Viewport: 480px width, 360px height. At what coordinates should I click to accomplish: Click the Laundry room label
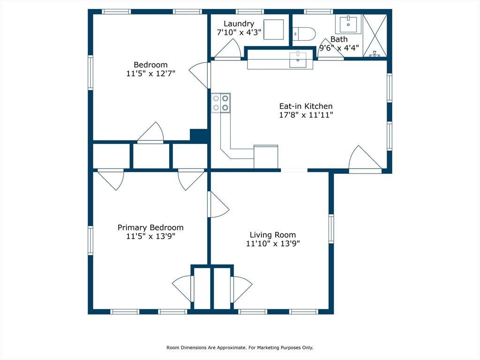coord(239,24)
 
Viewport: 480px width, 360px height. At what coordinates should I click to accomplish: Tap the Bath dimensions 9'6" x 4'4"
coord(339,48)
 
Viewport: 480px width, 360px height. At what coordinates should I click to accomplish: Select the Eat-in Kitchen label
coord(306,106)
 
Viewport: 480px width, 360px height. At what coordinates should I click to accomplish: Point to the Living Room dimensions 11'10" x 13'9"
coord(273,244)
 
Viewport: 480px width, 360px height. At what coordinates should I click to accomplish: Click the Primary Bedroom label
coord(150,228)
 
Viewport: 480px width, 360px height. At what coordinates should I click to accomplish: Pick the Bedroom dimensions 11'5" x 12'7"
coord(150,74)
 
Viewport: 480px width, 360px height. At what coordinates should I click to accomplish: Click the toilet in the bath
coord(304,34)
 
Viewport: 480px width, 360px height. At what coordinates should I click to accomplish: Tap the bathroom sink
coord(348,24)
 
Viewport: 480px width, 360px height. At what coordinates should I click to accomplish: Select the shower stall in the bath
coord(375,36)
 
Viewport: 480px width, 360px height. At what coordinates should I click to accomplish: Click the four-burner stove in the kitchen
coord(221,103)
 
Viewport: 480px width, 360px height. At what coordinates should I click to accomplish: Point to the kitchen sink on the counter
coord(298,60)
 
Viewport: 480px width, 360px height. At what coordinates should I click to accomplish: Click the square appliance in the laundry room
coord(274,30)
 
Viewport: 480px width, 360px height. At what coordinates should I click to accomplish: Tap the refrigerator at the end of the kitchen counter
coord(266,157)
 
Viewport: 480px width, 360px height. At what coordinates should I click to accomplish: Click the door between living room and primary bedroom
coord(218,204)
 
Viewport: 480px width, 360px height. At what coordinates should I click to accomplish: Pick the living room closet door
coord(241,289)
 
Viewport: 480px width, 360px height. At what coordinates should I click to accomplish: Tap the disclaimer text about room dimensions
coord(240,347)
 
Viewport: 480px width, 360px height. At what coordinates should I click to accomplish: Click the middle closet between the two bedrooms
coord(151,156)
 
